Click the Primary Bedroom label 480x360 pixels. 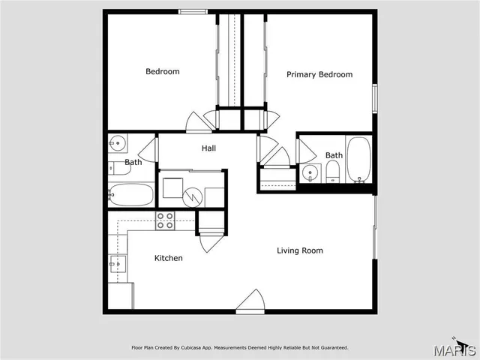point(319,74)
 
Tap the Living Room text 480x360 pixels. point(300,250)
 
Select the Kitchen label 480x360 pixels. point(168,258)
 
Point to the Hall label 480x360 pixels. point(208,148)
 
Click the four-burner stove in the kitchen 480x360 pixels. point(165,220)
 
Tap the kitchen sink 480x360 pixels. point(117,262)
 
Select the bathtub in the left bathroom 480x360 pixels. point(131,195)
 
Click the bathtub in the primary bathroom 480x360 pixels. point(358,159)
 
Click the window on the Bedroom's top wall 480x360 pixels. point(193,11)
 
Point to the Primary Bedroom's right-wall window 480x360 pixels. point(374,98)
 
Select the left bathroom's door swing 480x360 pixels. point(150,149)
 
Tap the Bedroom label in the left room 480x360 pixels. point(163,72)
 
